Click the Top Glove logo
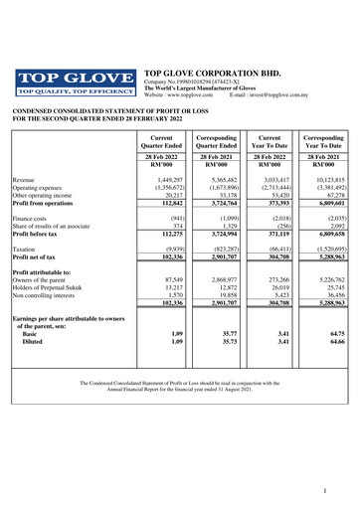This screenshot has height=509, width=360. [75, 81]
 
